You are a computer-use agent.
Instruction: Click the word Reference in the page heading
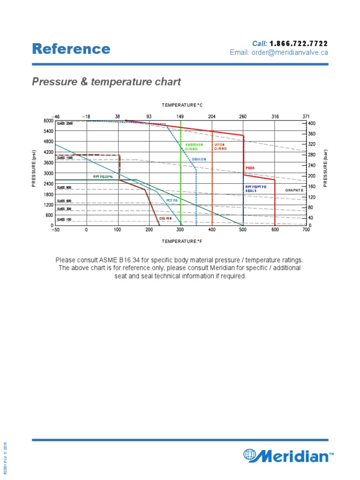(71, 49)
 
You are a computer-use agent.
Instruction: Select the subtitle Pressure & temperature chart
(106, 82)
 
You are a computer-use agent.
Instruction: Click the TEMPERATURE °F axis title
(181, 241)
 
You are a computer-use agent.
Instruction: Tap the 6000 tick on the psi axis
(49, 120)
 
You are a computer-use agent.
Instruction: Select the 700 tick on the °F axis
(307, 231)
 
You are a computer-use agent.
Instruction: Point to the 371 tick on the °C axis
(306, 116)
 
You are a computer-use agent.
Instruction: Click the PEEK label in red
(250, 168)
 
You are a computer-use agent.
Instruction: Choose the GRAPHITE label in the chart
(294, 191)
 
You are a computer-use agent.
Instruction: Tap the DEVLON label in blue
(199, 159)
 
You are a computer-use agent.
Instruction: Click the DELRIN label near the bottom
(165, 218)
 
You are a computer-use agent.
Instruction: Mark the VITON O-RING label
(220, 147)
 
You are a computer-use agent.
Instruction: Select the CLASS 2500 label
(65, 123)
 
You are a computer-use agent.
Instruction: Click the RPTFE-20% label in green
(103, 177)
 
